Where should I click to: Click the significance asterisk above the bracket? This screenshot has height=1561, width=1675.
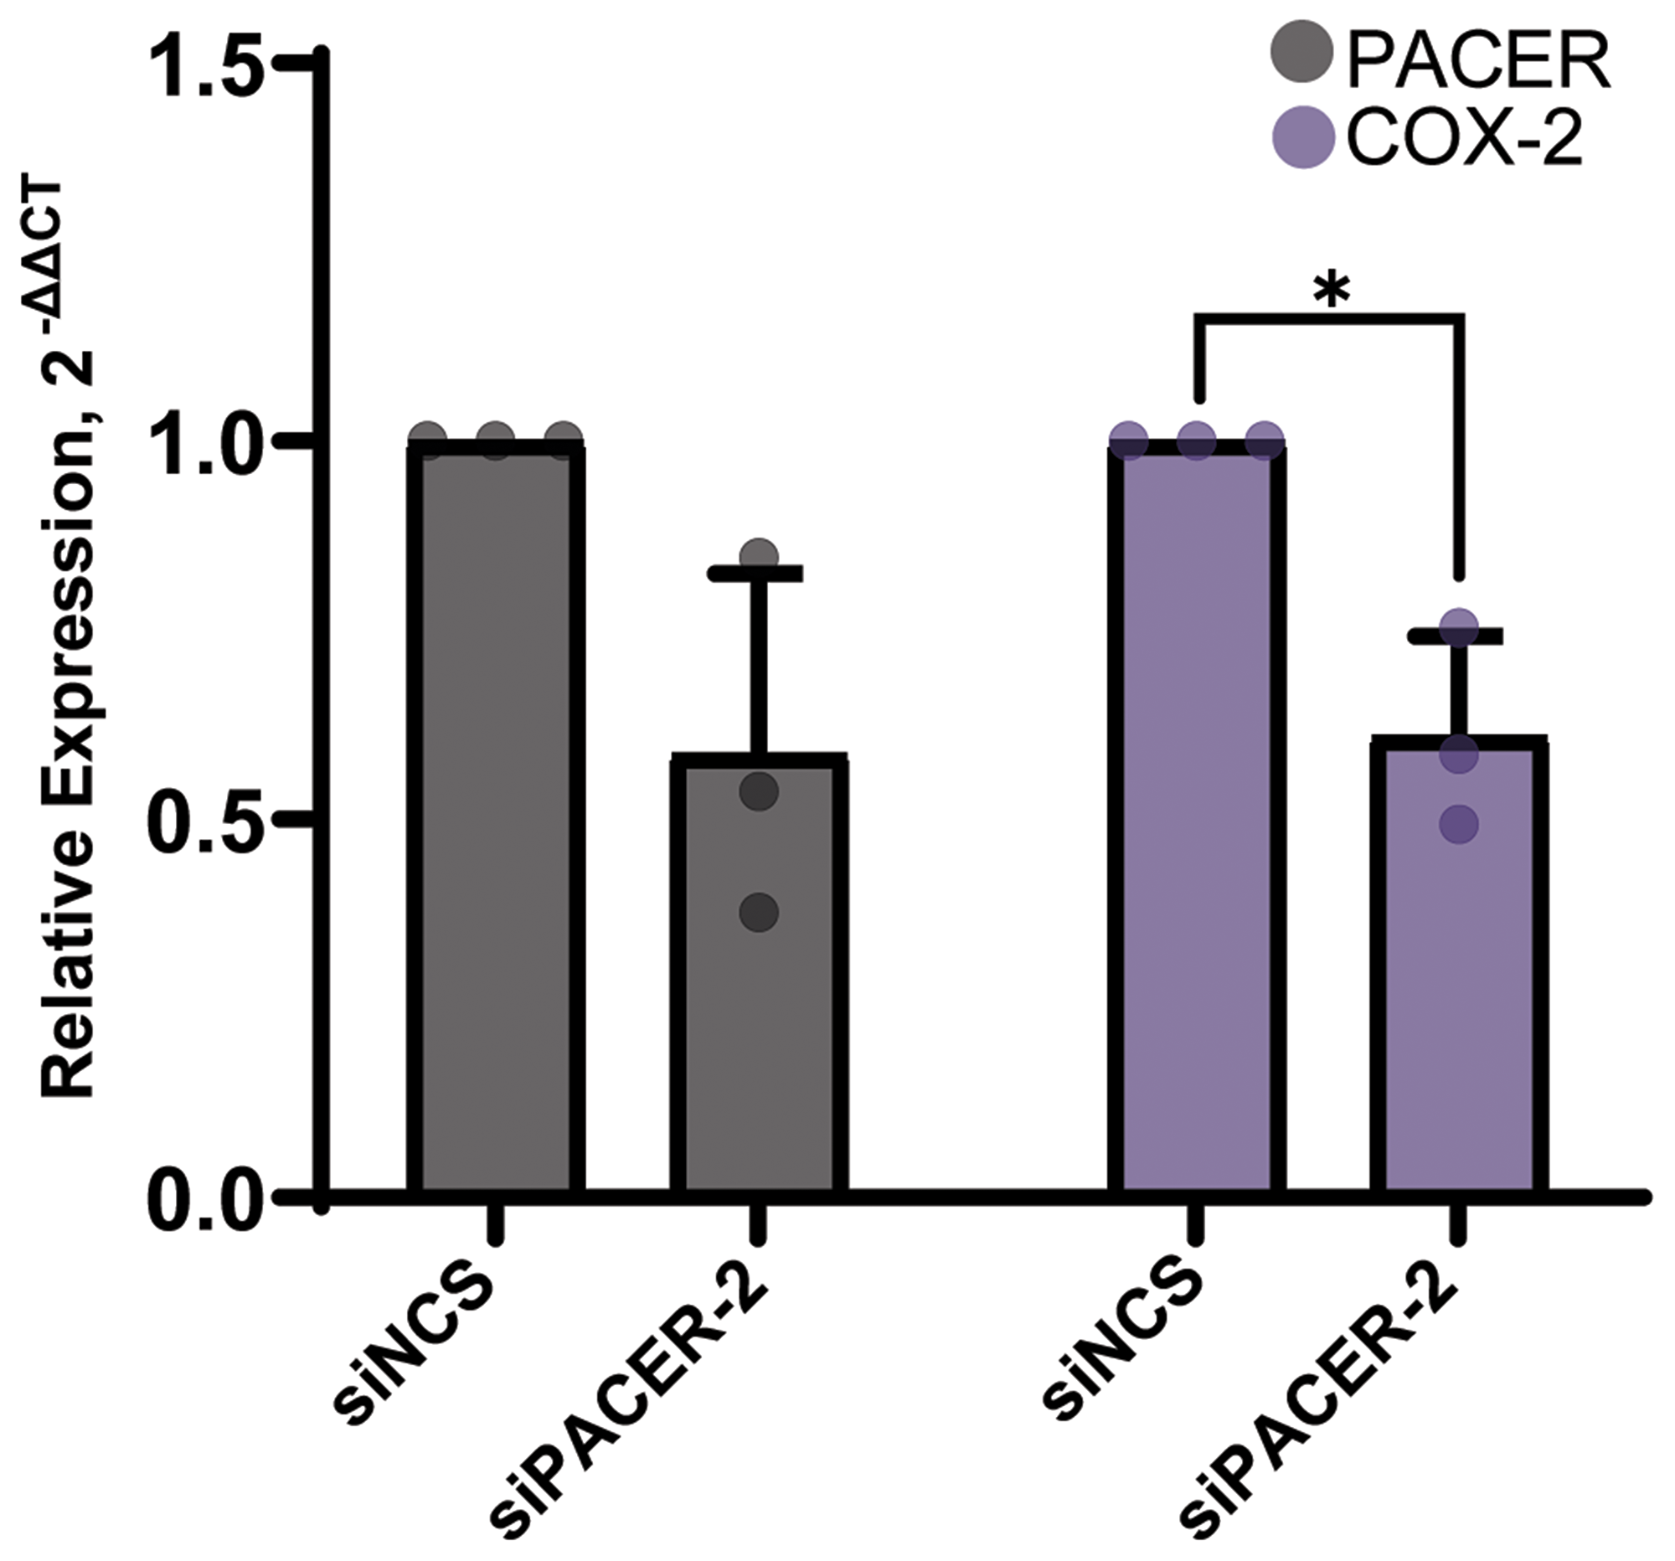(1332, 291)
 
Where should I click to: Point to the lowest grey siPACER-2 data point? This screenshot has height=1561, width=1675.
(759, 911)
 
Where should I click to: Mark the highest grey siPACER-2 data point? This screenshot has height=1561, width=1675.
(759, 556)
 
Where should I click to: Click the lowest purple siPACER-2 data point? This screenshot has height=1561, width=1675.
(1459, 824)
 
